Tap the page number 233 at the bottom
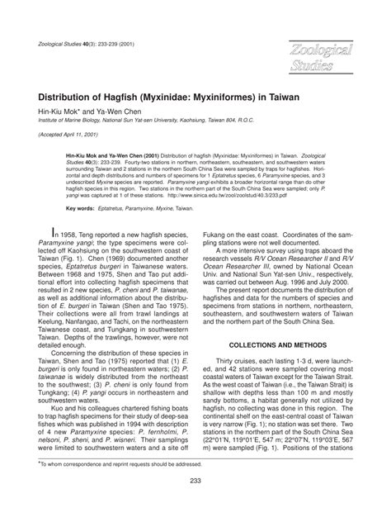[x=195, y=505]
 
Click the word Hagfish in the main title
[x=139, y=97]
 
